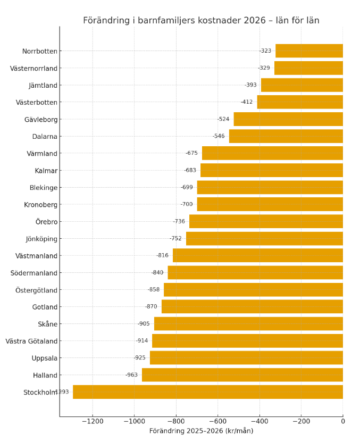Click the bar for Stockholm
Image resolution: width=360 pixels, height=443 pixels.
tap(208, 392)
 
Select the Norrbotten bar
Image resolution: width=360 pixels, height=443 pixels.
tap(309, 51)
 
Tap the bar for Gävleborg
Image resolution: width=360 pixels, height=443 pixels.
tap(288, 119)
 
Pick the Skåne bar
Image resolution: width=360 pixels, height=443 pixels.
tap(248, 324)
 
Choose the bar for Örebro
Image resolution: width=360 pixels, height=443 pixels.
tap(266, 222)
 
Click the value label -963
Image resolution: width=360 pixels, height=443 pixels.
tap(131, 375)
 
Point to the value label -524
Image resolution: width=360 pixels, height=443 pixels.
tap(223, 119)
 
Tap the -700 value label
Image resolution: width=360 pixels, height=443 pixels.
tap(187, 205)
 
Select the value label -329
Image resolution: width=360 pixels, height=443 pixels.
tap(264, 68)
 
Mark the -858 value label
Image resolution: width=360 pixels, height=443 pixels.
tap(154, 290)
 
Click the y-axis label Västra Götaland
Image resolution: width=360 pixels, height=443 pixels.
tap(31, 341)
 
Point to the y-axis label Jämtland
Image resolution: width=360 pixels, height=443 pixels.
tap(43, 85)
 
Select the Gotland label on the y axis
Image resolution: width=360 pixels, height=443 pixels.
tap(45, 307)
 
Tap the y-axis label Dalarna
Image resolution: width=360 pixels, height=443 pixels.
tap(45, 136)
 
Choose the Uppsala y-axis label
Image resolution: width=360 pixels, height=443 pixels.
tap(44, 358)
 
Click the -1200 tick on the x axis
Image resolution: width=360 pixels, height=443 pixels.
tap(93, 421)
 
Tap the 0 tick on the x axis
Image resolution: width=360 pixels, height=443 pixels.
tap(343, 421)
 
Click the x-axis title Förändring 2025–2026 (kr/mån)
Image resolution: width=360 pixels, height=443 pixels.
tap(201, 431)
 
